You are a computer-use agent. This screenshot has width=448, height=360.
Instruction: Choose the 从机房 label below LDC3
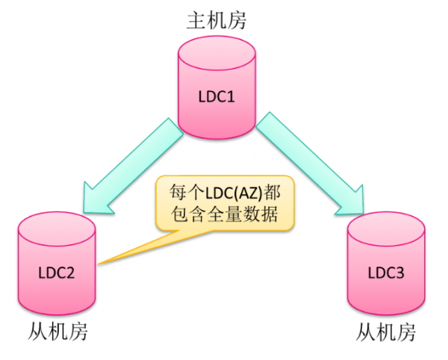385,331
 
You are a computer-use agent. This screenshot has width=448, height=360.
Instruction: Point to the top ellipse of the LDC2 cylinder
56,225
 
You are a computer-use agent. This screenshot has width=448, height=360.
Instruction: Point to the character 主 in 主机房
195,20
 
